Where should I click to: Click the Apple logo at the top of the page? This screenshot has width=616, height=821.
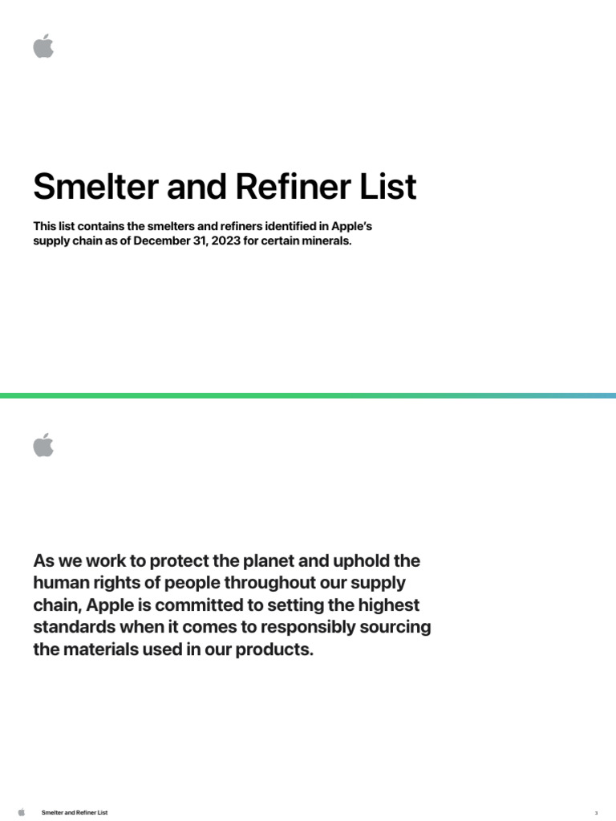pos(43,46)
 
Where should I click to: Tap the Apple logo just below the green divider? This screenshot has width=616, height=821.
pos(43,445)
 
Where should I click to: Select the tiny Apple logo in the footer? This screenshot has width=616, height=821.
pos(22,812)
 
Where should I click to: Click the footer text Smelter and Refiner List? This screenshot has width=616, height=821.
pos(75,812)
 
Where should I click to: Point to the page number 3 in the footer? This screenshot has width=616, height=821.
pos(596,812)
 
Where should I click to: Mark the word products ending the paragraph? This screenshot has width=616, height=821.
pos(275,649)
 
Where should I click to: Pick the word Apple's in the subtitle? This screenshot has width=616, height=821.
pos(351,227)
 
